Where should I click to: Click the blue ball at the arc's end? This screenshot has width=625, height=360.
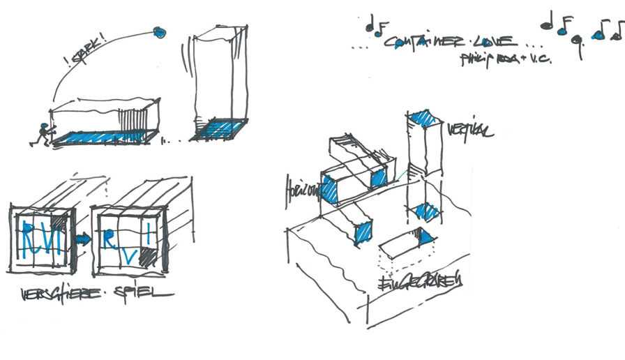(x=160, y=31)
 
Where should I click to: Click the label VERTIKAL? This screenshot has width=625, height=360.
(x=470, y=130)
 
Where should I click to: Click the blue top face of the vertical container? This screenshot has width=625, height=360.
(x=423, y=119)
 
